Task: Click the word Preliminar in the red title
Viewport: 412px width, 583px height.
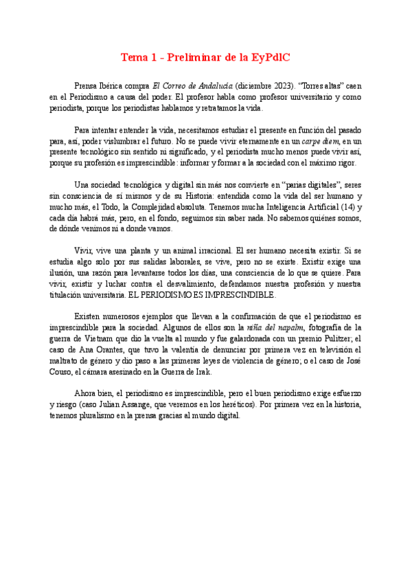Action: click(x=193, y=57)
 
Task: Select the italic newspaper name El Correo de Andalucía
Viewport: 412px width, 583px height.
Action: click(x=192, y=86)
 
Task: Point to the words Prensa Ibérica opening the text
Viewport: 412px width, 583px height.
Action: click(x=101, y=86)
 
